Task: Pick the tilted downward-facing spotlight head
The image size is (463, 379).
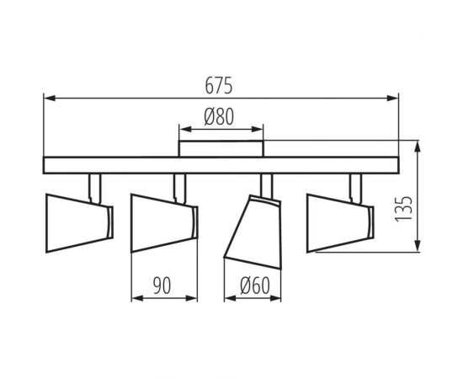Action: pyautogui.click(x=250, y=227)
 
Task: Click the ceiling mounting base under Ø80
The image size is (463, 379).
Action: pyautogui.click(x=221, y=149)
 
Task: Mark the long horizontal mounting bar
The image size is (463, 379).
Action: pyautogui.click(x=221, y=166)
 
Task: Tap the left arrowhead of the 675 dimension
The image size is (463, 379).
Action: pyautogui.click(x=48, y=99)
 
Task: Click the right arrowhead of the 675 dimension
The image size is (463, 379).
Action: pyautogui.click(x=393, y=99)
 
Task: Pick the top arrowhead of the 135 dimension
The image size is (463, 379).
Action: pyautogui.click(x=418, y=144)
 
